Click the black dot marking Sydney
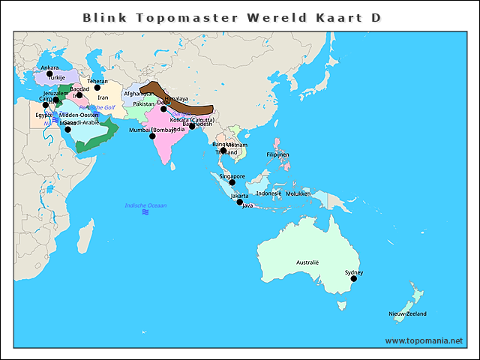[354, 278]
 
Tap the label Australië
[307, 262]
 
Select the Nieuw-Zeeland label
[407, 313]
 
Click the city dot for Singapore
[232, 182]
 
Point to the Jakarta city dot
[240, 202]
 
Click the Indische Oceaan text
[145, 205]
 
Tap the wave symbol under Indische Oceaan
[145, 213]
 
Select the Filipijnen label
[277, 154]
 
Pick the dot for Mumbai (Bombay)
[152, 136]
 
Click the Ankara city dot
[49, 73]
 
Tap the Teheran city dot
[97, 87]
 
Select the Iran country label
[103, 97]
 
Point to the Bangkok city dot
[223, 150]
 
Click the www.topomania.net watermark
[424, 340]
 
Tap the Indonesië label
[268, 193]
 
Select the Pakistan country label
[143, 103]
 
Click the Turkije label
[58, 78]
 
